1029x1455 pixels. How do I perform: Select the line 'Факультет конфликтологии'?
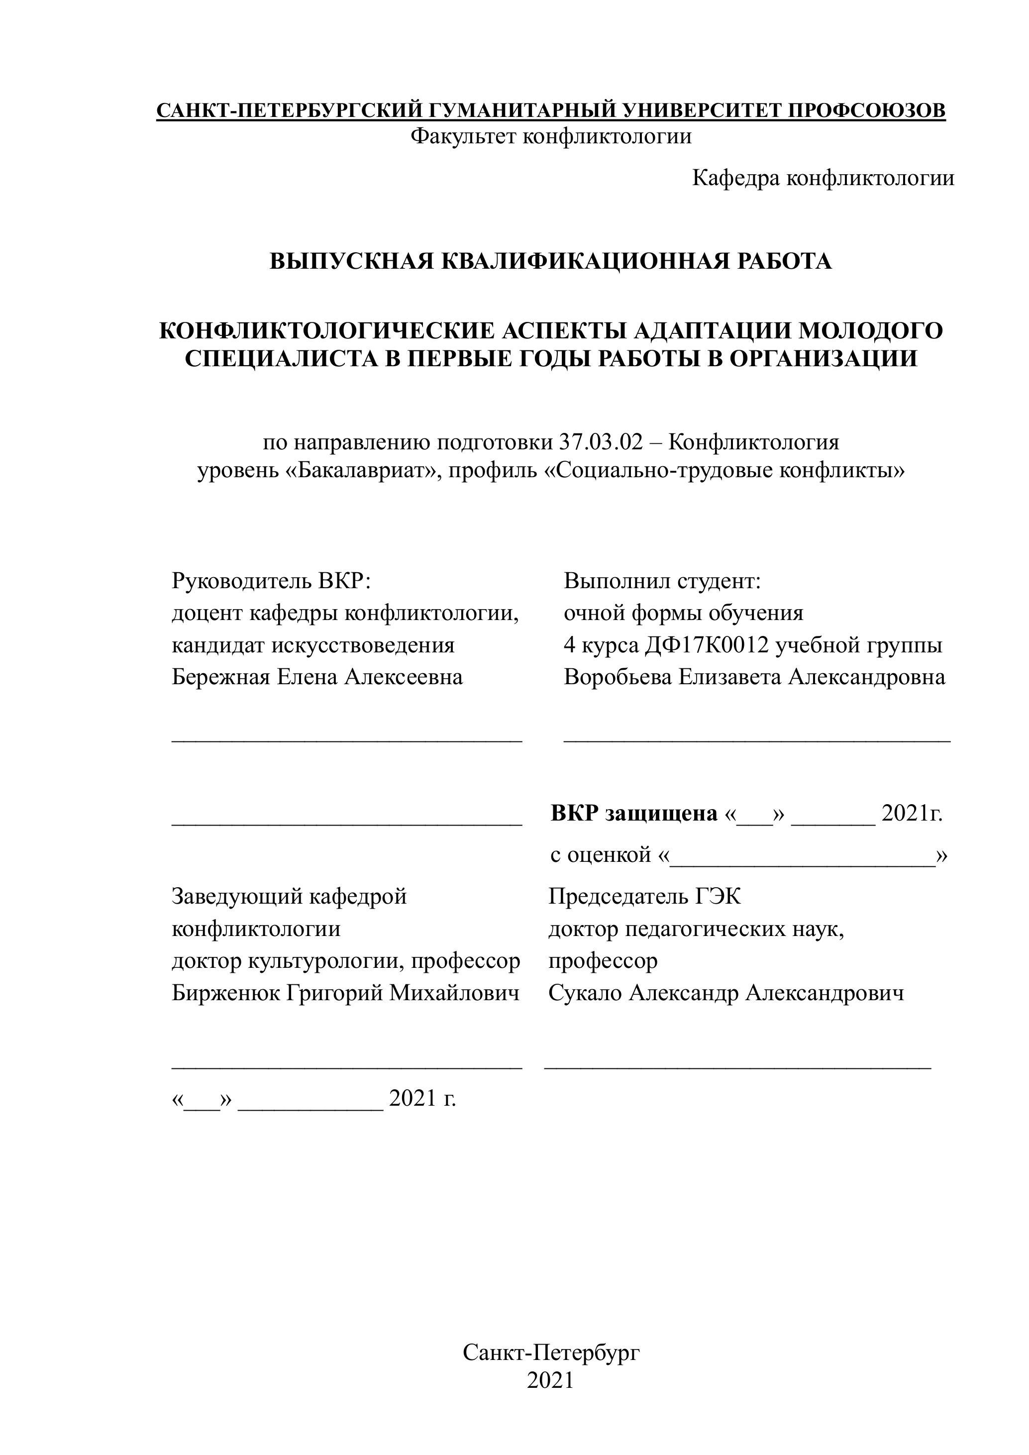click(x=551, y=136)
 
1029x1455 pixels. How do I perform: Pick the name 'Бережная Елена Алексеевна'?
click(x=317, y=677)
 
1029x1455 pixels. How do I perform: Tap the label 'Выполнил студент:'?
click(x=662, y=581)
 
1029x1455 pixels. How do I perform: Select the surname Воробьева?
click(x=618, y=677)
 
